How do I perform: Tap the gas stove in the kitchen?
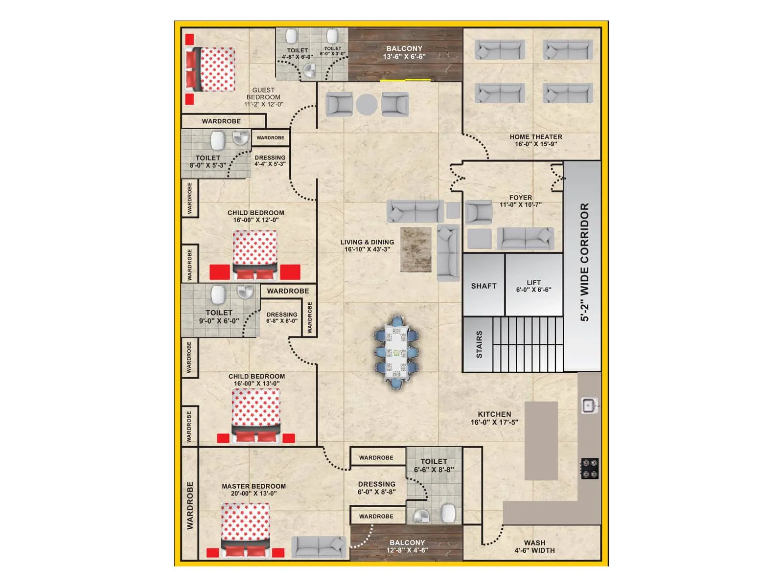(x=590, y=468)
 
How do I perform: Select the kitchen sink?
(x=589, y=405)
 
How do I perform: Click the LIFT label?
(x=534, y=283)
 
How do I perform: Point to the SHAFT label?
(x=484, y=286)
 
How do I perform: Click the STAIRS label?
(x=479, y=344)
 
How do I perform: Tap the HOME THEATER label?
(x=536, y=137)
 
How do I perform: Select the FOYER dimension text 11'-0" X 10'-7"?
(x=521, y=205)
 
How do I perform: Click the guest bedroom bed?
(x=210, y=69)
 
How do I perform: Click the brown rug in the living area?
(x=416, y=249)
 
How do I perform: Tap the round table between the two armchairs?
(x=367, y=104)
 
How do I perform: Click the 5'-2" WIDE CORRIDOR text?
(x=585, y=262)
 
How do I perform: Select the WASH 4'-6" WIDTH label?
(x=534, y=546)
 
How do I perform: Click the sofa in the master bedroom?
(x=319, y=547)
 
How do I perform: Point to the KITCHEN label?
(x=494, y=414)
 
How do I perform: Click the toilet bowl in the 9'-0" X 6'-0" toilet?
(x=218, y=295)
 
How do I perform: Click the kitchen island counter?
(x=541, y=440)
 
